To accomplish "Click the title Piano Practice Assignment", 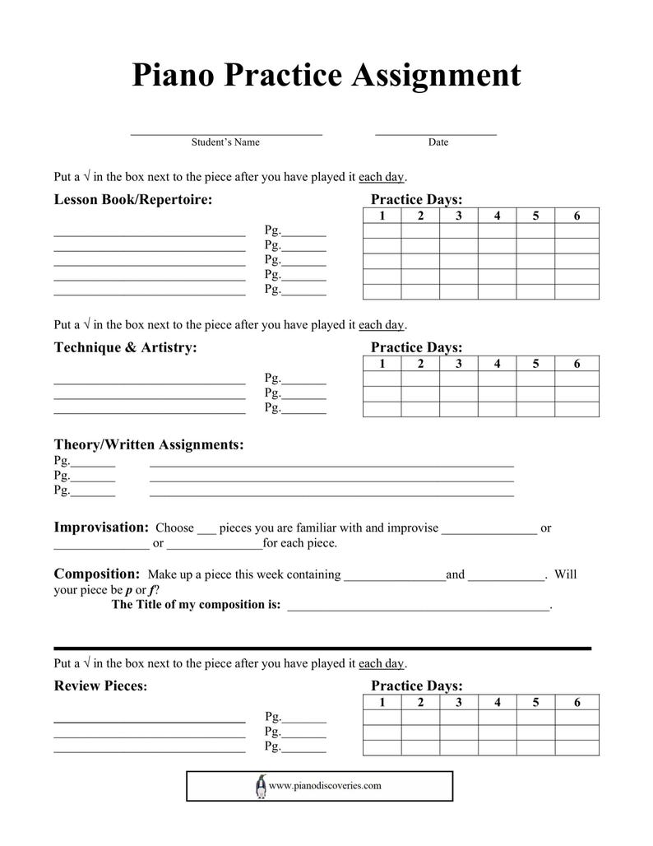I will [326, 76].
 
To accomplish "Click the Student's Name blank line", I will [226, 132].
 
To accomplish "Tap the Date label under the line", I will [438, 142].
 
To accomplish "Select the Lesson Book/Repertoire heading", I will [133, 200].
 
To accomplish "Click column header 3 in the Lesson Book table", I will [458, 216].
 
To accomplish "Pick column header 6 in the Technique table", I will [577, 364].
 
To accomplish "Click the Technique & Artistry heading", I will [126, 348].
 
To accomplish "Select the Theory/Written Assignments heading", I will [149, 445].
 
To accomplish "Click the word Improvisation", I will [101, 528].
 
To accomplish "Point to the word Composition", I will [97, 574].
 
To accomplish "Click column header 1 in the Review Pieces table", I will [382, 702].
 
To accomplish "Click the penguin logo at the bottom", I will [261, 786].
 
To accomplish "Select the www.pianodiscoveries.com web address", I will [325, 786].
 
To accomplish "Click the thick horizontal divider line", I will [322, 648].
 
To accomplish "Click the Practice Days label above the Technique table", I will [416, 348].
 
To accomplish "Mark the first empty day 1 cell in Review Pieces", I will [382, 718].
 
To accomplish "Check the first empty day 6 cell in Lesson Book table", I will [577, 231].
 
